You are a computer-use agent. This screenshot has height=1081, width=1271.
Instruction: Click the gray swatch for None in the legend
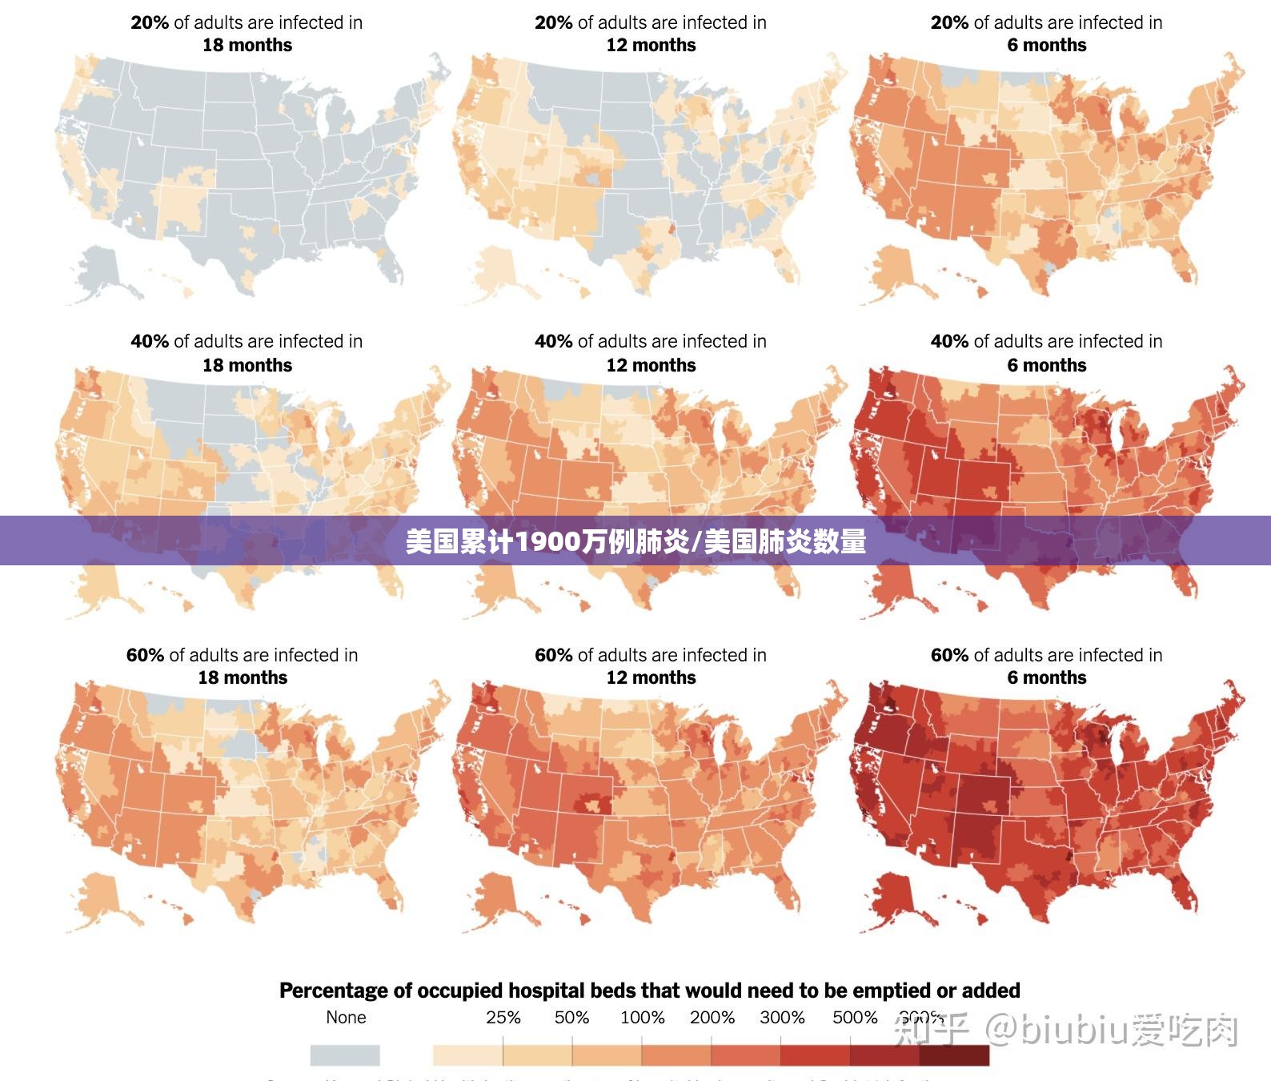344,1055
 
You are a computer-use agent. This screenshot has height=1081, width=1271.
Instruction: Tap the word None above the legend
346,1018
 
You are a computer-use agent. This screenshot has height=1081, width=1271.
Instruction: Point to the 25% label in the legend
503,1018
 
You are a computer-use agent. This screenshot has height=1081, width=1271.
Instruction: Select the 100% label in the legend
642,1018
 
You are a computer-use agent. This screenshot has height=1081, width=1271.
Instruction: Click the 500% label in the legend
855,1018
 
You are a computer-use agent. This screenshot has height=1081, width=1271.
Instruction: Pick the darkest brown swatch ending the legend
954,1055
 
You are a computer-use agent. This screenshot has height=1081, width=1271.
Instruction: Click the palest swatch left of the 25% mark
467,1055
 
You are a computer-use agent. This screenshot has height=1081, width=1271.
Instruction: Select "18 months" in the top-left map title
247,45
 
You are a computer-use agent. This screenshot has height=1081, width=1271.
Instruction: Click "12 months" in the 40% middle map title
651,365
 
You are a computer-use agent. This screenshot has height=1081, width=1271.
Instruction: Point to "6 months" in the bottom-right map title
1046,677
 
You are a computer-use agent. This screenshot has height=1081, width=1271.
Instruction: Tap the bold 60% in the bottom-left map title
145,655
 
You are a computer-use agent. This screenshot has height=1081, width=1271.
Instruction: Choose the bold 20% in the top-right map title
949,22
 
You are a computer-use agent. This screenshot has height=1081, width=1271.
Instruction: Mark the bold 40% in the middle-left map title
150,341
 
